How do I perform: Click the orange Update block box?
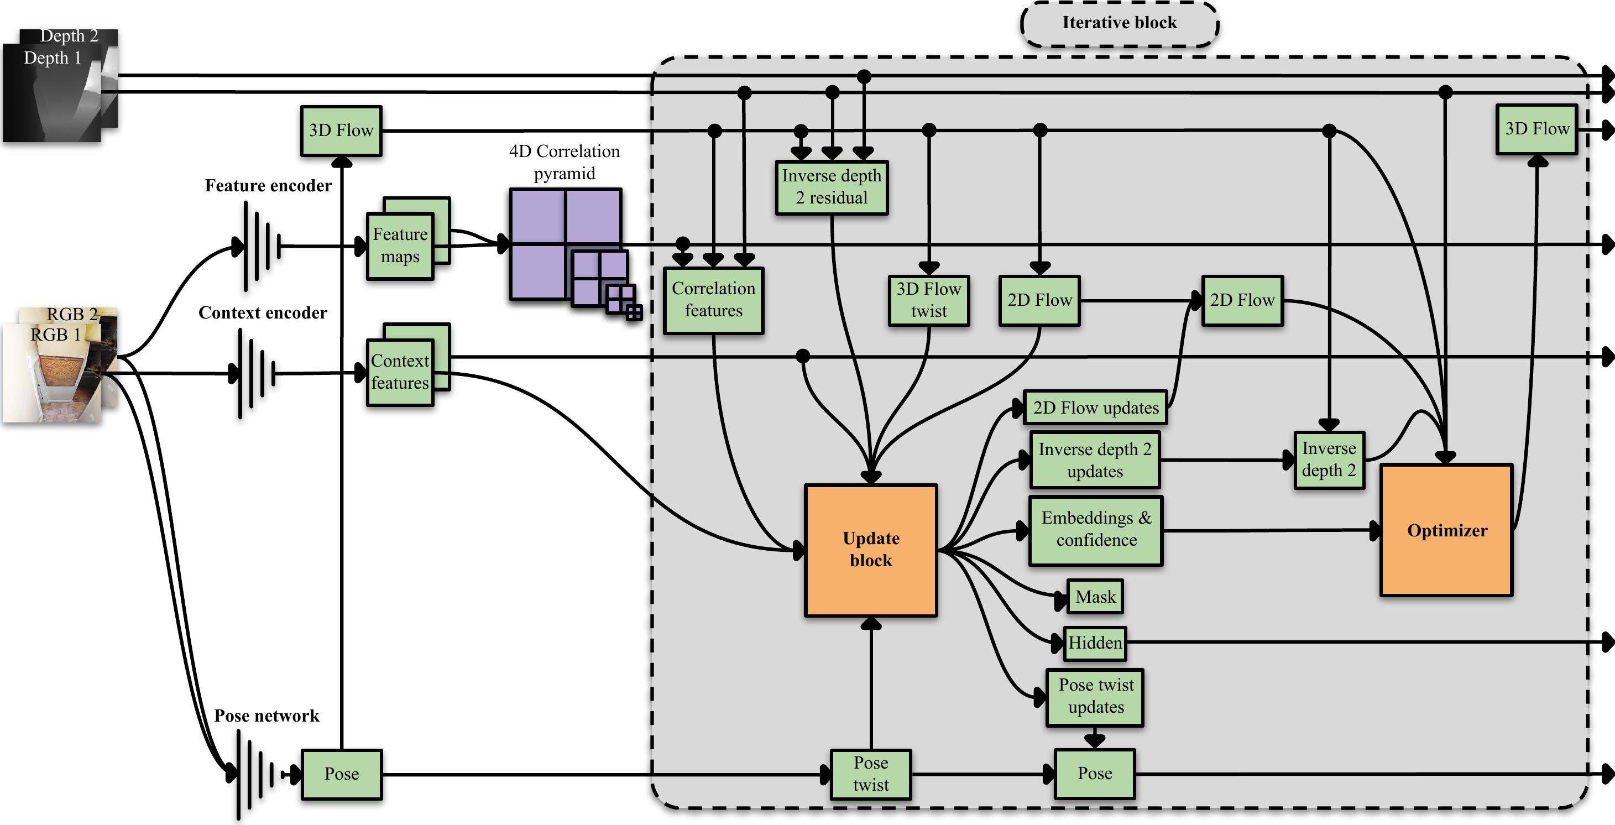click(871, 550)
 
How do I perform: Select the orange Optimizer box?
click(1446, 530)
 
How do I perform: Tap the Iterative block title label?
click(1119, 23)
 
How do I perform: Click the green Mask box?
click(1095, 596)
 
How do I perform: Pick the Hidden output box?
click(1095, 643)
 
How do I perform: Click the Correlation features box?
click(713, 300)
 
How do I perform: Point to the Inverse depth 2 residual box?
click(832, 187)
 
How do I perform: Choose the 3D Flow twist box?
click(928, 300)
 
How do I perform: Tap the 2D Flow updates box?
click(1095, 408)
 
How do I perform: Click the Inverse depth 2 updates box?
click(1095, 460)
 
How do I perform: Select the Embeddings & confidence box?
click(1095, 530)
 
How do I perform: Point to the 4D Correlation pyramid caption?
click(565, 162)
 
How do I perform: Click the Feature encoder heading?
click(268, 186)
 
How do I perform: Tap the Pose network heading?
click(266, 716)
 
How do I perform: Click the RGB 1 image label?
click(55, 335)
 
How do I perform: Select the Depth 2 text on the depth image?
click(69, 36)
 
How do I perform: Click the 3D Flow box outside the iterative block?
click(341, 130)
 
